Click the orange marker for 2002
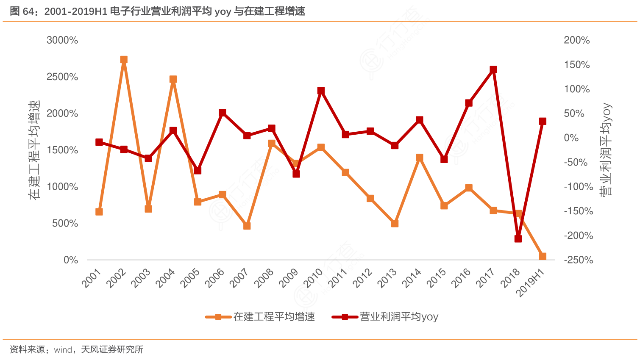124,60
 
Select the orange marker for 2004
173,80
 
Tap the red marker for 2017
493,70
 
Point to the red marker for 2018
518,239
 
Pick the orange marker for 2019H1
543,257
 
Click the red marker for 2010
321,91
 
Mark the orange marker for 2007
247,226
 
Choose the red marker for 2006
223,113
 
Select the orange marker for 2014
420,158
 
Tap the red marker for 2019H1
543,122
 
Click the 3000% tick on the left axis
62,40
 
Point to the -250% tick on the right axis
578,260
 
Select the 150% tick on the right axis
576,65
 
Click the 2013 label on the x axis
387,278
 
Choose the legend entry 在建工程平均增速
274,317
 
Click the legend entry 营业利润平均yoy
399,317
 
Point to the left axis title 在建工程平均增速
35,150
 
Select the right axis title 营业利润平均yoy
606,150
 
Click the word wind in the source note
63,350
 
